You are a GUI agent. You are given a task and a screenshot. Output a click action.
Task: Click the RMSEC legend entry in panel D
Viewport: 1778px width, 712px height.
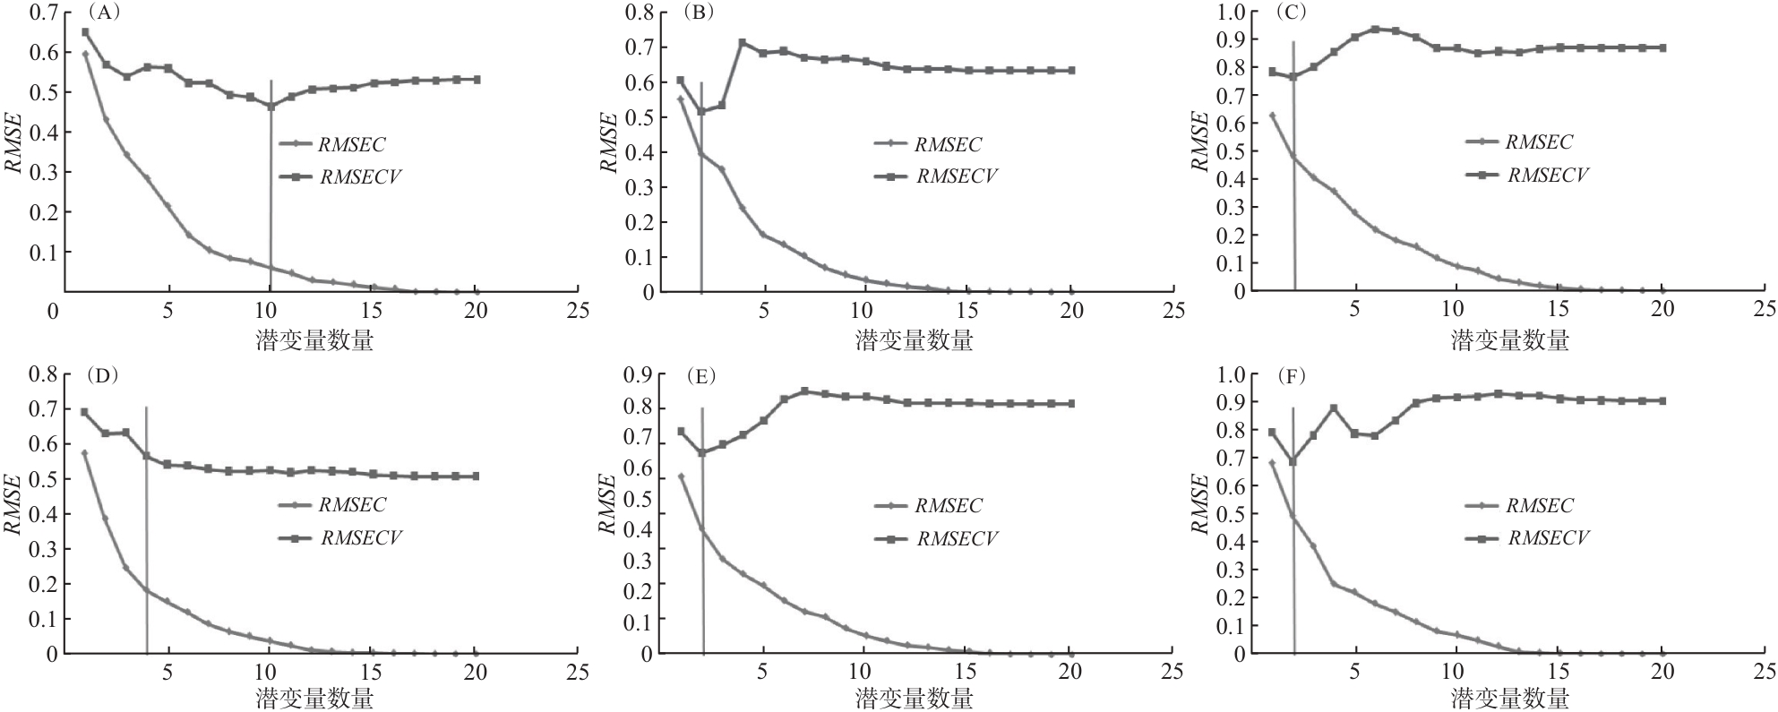tap(332, 504)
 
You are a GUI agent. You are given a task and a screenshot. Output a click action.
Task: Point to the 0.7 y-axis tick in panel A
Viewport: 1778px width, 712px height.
tap(44, 13)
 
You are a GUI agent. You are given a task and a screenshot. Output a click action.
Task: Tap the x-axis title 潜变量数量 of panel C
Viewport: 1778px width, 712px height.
tap(1509, 340)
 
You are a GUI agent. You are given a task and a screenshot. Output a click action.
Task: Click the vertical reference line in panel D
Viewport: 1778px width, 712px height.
tap(146, 530)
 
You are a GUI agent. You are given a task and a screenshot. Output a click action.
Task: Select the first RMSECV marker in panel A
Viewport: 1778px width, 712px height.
tap(85, 32)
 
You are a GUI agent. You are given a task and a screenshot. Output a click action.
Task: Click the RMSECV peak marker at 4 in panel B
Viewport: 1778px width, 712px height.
tap(742, 42)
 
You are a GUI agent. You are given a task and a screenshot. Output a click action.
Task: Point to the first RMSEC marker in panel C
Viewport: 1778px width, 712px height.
tap(1272, 116)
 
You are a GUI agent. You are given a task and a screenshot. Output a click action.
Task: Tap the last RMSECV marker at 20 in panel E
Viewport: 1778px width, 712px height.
tap(1071, 404)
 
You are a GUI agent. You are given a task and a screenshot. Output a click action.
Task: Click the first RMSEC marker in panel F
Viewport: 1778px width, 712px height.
tap(1272, 463)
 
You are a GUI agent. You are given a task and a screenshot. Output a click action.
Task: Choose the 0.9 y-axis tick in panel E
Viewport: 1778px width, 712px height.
tap(639, 375)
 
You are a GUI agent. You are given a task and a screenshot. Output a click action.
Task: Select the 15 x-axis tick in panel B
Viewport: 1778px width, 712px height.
tap(966, 311)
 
